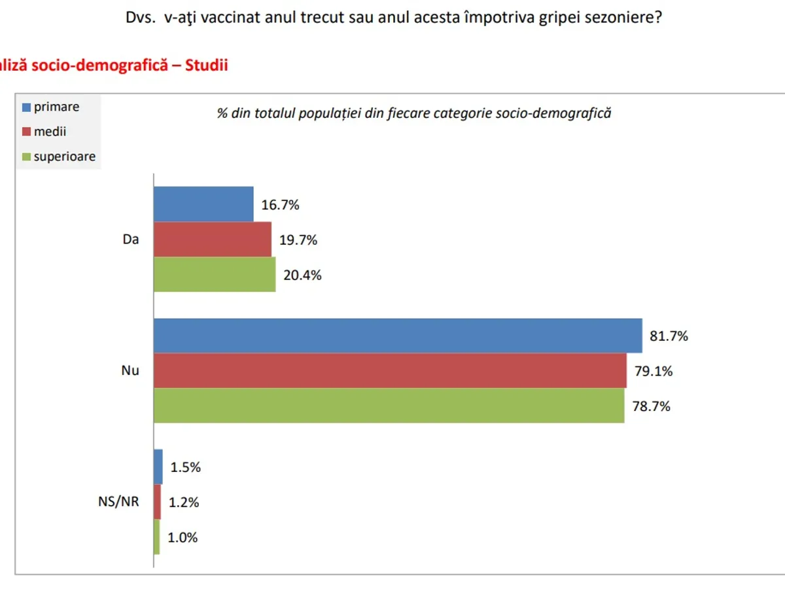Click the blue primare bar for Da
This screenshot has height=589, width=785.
203,204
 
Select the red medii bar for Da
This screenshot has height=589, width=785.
213,240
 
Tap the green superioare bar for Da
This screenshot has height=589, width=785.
215,274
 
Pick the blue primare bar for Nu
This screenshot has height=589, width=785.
398,336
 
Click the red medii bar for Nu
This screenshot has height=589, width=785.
390,371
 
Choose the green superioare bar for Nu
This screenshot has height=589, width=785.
389,406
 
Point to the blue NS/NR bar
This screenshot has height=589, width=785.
158,467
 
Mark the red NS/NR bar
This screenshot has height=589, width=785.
157,502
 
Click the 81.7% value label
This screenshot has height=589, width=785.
669,336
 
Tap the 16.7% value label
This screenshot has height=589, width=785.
280,205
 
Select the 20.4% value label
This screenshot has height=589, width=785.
302,275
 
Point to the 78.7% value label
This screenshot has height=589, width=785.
652,406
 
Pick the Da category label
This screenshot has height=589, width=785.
131,240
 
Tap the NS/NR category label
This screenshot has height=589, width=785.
114,503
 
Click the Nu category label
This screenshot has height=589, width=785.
130,371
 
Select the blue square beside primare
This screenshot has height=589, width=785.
26,107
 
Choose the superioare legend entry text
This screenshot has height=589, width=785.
65,156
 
